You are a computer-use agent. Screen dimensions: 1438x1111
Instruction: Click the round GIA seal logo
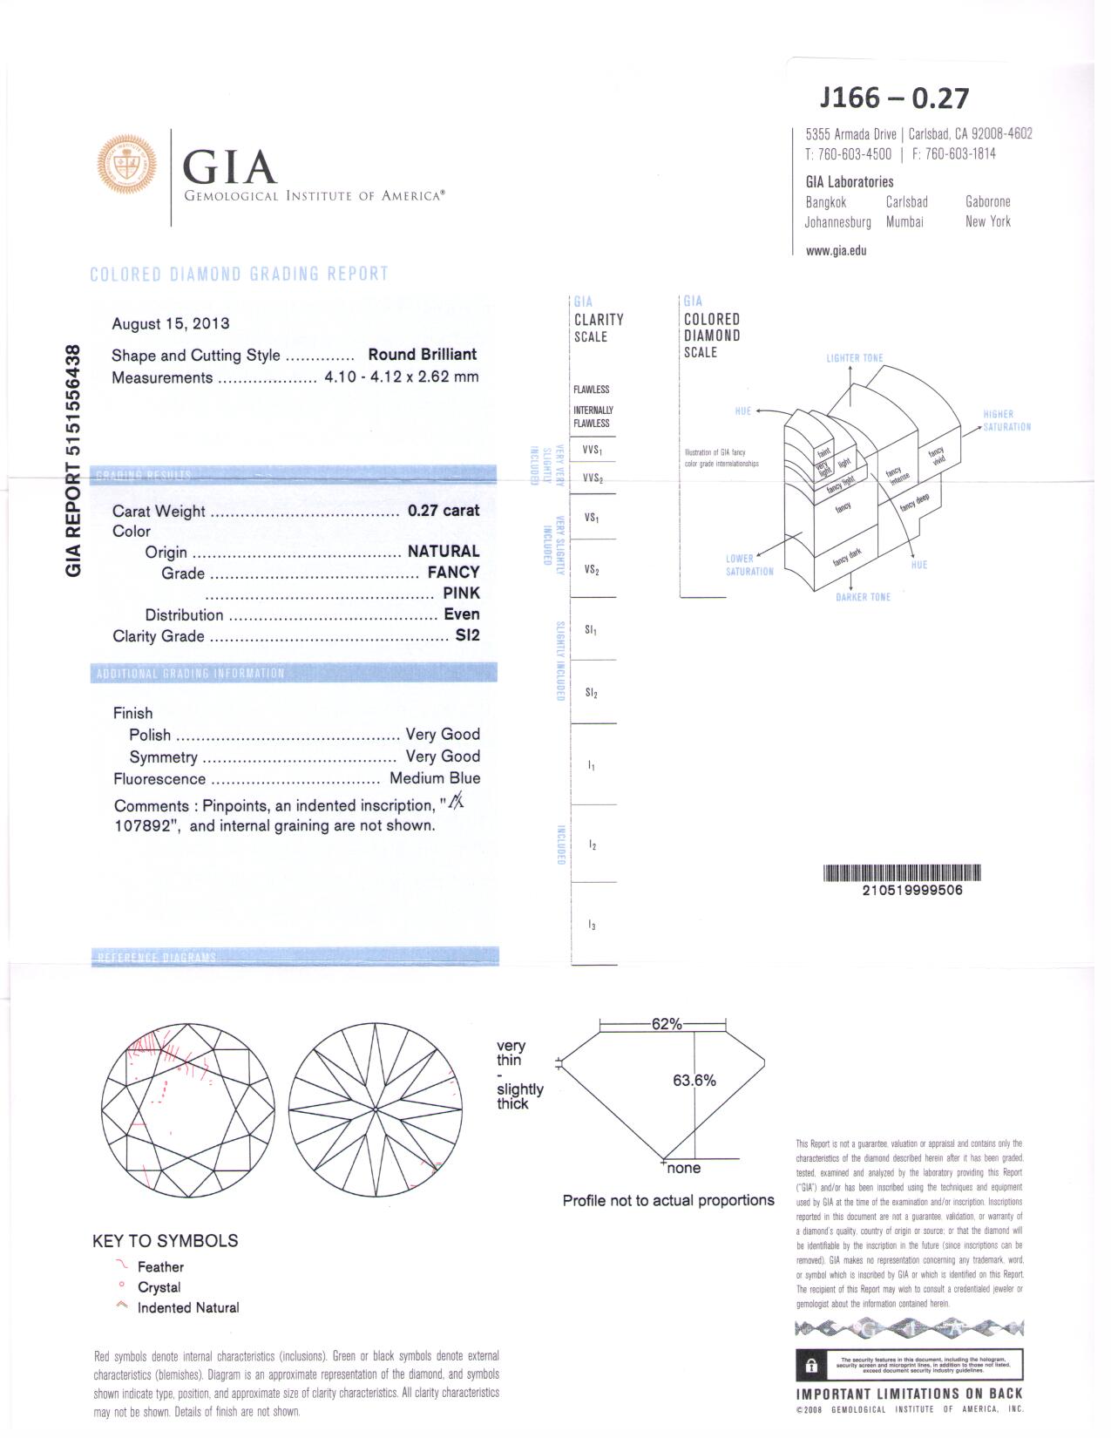tap(127, 164)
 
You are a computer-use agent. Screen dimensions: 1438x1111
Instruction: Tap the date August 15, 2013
tap(171, 323)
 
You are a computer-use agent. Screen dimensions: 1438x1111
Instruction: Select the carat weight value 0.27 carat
tap(444, 511)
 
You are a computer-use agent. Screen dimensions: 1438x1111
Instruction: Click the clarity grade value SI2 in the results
tap(467, 635)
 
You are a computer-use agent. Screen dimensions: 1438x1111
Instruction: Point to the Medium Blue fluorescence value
tap(435, 778)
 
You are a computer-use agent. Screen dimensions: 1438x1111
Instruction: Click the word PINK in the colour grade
tap(461, 593)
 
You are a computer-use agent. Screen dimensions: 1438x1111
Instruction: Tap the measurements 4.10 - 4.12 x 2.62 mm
tap(402, 377)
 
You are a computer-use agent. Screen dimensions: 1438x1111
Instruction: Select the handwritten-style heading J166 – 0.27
tap(894, 98)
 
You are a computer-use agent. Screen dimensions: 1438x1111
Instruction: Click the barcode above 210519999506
tap(902, 872)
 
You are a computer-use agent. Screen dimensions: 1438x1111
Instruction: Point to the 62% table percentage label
tap(667, 1024)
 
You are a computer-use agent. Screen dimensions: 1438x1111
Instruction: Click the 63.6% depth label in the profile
tap(694, 1081)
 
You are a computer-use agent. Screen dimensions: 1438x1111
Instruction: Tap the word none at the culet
tap(684, 1168)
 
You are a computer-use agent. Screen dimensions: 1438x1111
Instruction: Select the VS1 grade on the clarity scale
tap(592, 518)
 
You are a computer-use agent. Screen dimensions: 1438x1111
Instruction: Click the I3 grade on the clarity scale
tap(592, 925)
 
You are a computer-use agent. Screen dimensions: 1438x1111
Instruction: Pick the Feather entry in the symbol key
tap(160, 1267)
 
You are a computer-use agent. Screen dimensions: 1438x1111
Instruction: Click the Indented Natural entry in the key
tap(188, 1307)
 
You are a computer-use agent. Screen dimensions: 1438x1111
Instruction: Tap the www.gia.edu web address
tap(837, 250)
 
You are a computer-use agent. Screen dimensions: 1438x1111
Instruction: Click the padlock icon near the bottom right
tap(811, 1365)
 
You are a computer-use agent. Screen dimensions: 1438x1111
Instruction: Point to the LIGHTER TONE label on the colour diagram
tap(855, 358)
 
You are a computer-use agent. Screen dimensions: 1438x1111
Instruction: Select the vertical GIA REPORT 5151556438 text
tap(74, 461)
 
